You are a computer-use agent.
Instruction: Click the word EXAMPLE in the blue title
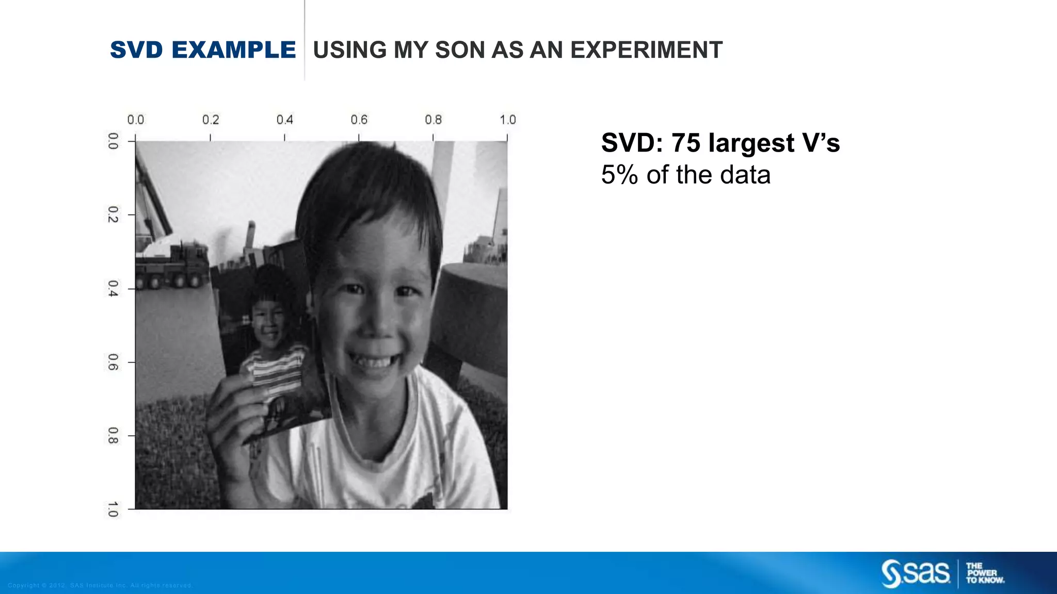234,50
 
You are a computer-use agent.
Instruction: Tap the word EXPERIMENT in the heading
646,50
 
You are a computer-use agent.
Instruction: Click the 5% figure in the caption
620,175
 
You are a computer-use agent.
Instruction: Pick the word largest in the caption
751,143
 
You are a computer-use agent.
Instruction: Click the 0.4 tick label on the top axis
284,120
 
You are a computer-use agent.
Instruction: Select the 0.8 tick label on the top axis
433,120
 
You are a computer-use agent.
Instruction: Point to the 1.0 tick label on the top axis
507,120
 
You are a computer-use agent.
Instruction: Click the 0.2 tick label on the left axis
113,214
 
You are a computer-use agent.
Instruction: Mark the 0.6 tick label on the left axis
113,362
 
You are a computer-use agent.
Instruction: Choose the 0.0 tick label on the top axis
136,120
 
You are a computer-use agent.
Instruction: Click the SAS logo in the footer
915,573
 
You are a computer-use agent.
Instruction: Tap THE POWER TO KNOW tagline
985,573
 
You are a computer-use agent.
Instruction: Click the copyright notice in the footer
100,585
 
